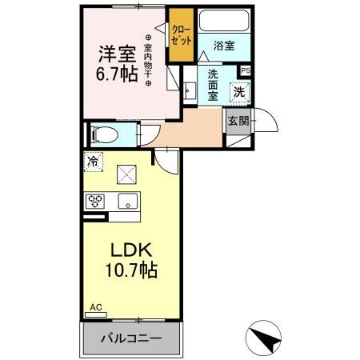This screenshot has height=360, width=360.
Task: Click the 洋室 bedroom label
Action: click(117, 56)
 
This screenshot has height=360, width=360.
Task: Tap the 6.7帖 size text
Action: click(117, 75)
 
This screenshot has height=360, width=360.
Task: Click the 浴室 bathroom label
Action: click(224, 46)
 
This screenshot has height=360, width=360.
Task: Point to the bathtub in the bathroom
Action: click(224, 21)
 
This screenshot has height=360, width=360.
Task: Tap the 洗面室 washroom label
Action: click(213, 85)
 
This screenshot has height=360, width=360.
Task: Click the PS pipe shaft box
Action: click(245, 70)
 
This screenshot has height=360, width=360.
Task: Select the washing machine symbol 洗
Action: click(239, 92)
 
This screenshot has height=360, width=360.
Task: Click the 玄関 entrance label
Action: click(238, 122)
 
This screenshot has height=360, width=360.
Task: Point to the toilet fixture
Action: click(104, 134)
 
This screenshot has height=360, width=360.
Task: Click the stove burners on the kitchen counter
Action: click(96, 201)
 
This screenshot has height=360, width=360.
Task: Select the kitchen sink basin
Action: click(126, 201)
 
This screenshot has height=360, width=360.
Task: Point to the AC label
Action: click(95, 307)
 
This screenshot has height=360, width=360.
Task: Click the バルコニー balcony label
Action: click(131, 338)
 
